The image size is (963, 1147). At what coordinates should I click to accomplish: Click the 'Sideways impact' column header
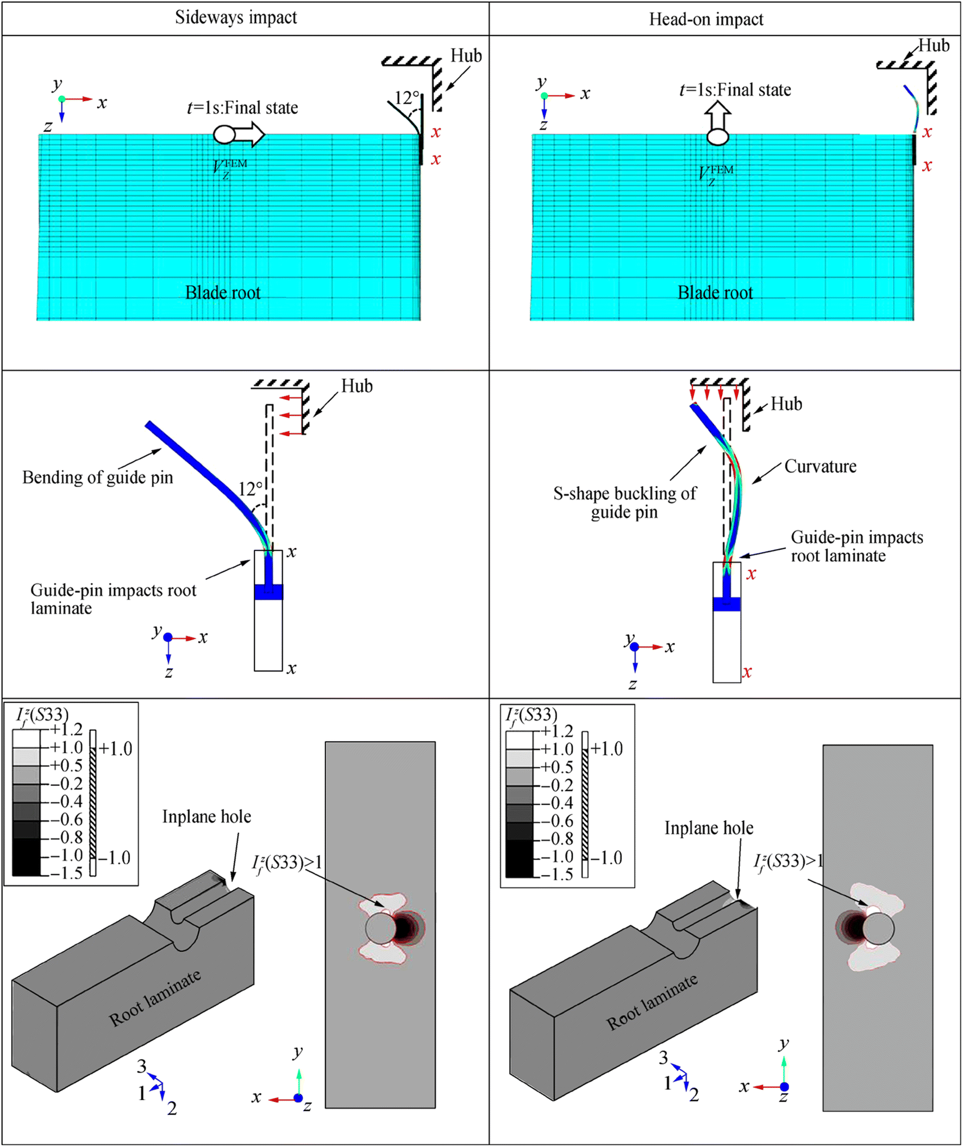click(236, 17)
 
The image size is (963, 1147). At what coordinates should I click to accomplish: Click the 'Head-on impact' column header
click(706, 20)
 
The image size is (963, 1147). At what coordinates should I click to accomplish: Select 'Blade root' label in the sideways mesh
click(223, 293)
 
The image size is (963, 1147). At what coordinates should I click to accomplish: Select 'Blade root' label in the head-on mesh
click(715, 293)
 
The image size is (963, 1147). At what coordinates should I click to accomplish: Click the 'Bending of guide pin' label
click(98, 478)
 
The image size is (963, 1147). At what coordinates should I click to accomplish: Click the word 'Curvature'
click(820, 467)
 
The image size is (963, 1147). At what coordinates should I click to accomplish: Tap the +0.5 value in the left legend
click(66, 765)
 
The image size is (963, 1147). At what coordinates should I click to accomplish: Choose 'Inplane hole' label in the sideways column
click(207, 817)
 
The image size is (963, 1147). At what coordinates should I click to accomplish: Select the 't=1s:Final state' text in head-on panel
click(735, 90)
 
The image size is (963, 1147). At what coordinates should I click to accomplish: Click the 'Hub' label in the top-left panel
click(466, 55)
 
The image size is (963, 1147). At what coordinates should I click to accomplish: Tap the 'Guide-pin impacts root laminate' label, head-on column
click(856, 546)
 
